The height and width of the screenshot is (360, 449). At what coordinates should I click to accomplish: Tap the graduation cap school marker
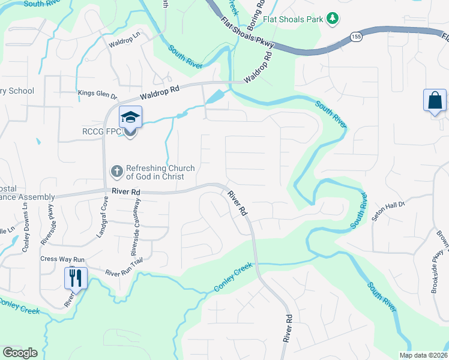[x=130, y=116]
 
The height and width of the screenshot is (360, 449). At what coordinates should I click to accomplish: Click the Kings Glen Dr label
[x=98, y=93]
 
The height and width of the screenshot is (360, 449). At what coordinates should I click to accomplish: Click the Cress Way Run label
[x=62, y=259]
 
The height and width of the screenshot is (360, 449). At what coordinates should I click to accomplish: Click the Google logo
[x=20, y=353]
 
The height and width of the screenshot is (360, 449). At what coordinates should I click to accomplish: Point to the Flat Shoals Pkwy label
[x=247, y=33]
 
